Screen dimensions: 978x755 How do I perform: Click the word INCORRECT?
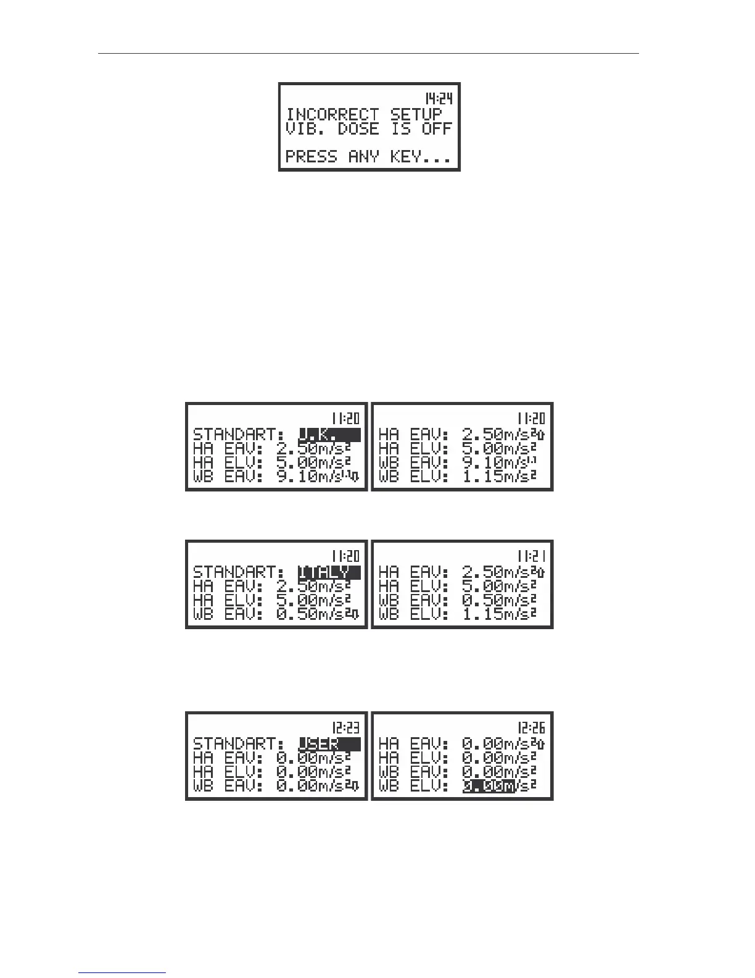(332, 114)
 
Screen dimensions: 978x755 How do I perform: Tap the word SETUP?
(416, 114)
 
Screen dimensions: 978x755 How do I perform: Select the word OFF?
(437, 129)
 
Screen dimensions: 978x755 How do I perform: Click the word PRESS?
(311, 157)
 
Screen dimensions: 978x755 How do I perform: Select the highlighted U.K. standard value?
(329, 434)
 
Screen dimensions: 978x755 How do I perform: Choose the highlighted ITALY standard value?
(329, 572)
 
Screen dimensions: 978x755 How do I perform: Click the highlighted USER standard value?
(329, 744)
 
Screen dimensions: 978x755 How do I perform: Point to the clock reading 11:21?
(531, 556)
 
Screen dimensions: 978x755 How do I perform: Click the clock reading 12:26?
(531, 727)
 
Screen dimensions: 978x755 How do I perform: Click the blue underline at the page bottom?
(122, 972)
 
